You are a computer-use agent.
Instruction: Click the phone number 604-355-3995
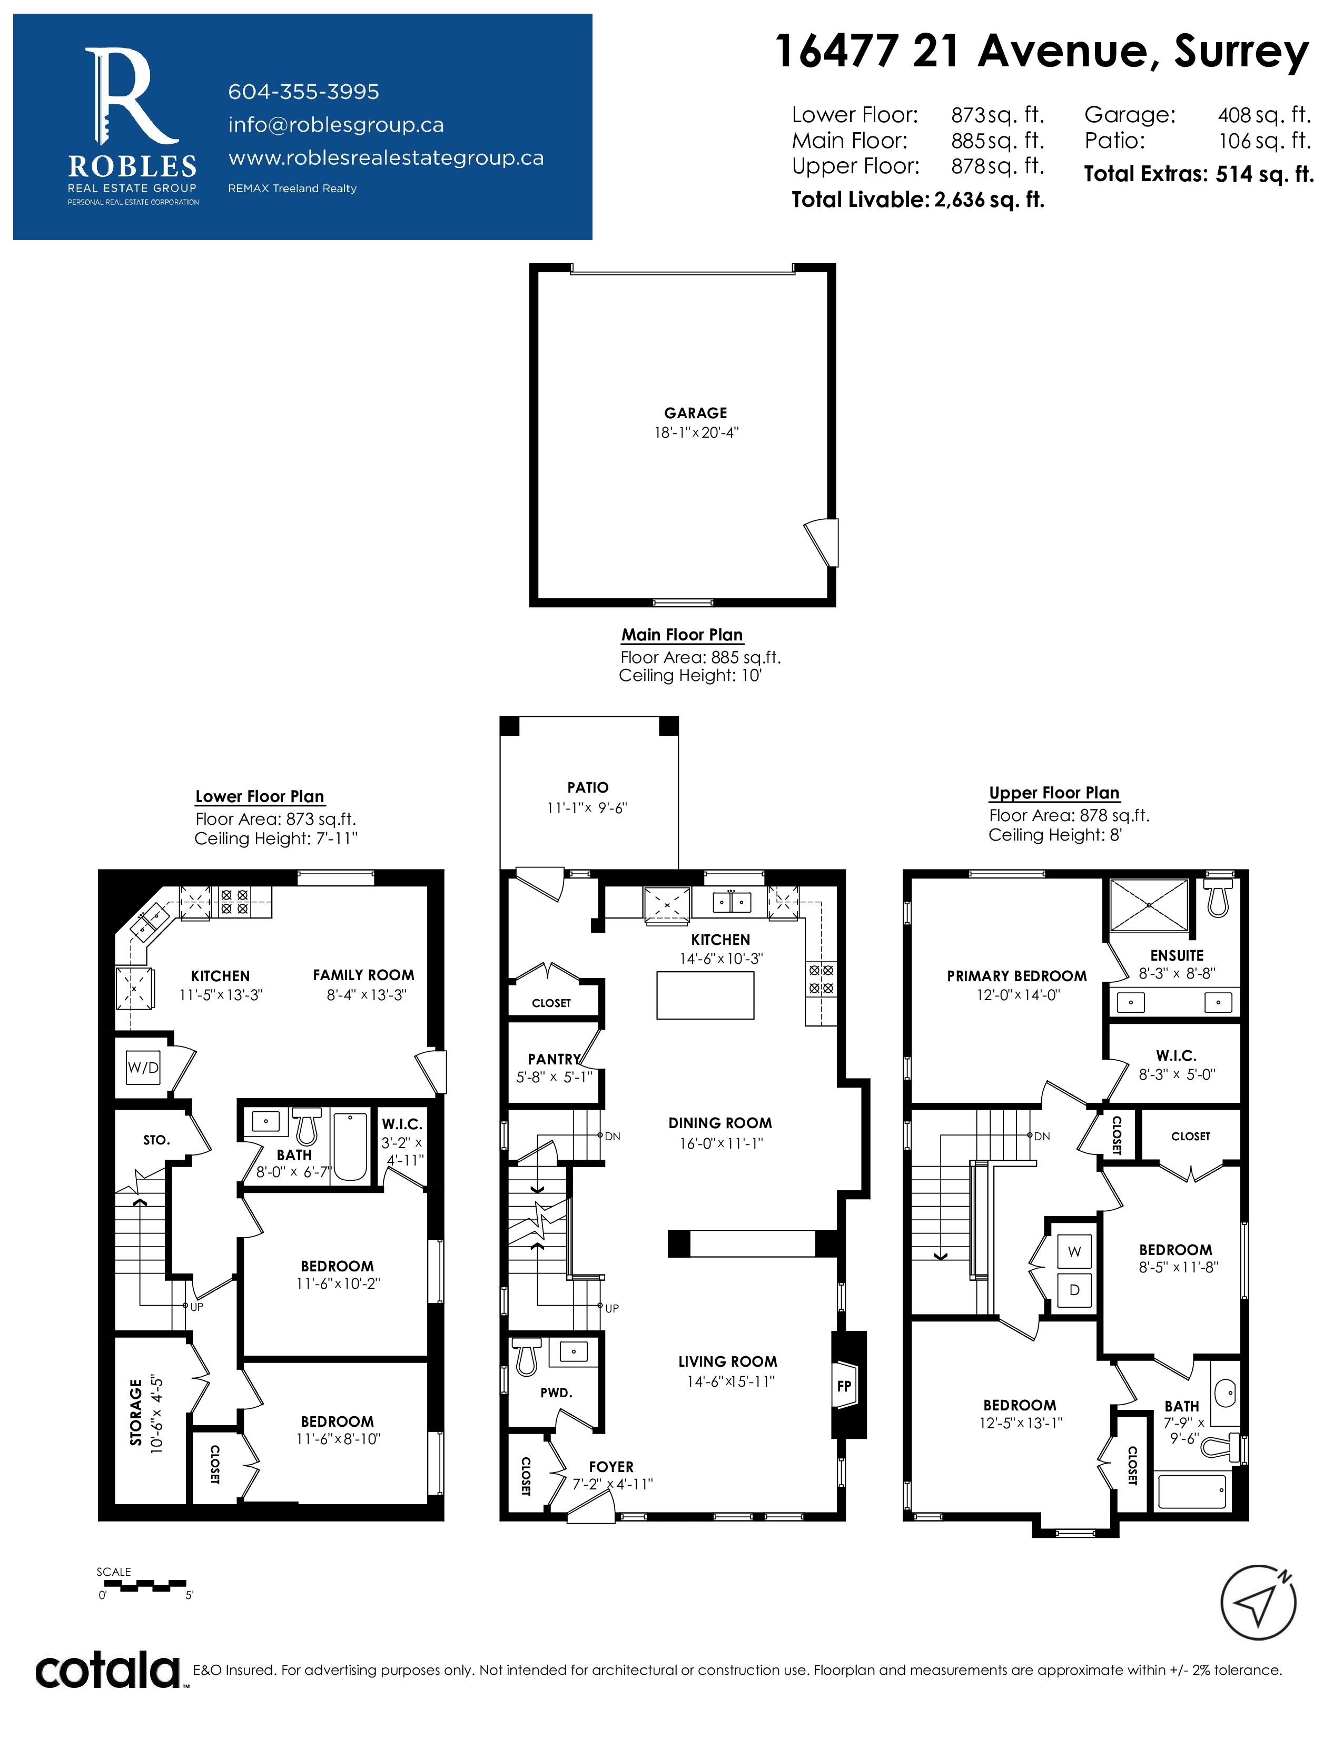click(303, 92)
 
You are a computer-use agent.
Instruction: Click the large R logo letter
click(131, 95)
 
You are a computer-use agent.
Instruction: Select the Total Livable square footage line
click(917, 200)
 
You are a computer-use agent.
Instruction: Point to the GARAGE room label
click(695, 413)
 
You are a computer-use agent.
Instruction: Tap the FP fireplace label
click(844, 1386)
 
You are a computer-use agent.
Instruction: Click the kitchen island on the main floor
click(705, 995)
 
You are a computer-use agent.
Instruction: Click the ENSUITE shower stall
click(1149, 905)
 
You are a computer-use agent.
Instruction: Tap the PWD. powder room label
click(556, 1393)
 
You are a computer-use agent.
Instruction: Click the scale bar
click(145, 1586)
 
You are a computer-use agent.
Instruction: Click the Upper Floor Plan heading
click(1054, 793)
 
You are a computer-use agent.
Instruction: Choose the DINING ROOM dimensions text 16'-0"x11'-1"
click(721, 1143)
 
